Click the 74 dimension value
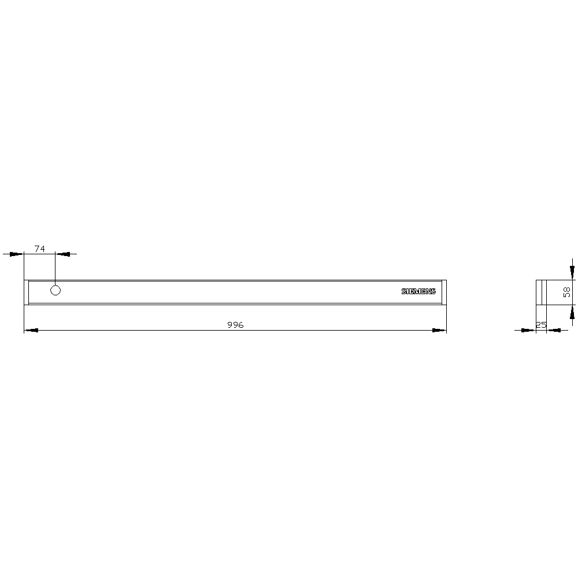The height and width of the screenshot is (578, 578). (40, 249)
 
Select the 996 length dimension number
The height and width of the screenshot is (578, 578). (235, 325)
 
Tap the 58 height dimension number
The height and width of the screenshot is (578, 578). (567, 292)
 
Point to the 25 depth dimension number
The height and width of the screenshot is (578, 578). (541, 325)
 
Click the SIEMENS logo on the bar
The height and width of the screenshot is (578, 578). (418, 291)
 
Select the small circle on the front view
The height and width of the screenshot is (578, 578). (55, 291)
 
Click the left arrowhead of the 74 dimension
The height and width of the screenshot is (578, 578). (16, 254)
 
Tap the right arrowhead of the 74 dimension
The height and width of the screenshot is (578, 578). (62, 254)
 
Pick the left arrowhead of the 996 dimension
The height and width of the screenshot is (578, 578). (31, 330)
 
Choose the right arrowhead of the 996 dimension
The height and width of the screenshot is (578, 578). (439, 330)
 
